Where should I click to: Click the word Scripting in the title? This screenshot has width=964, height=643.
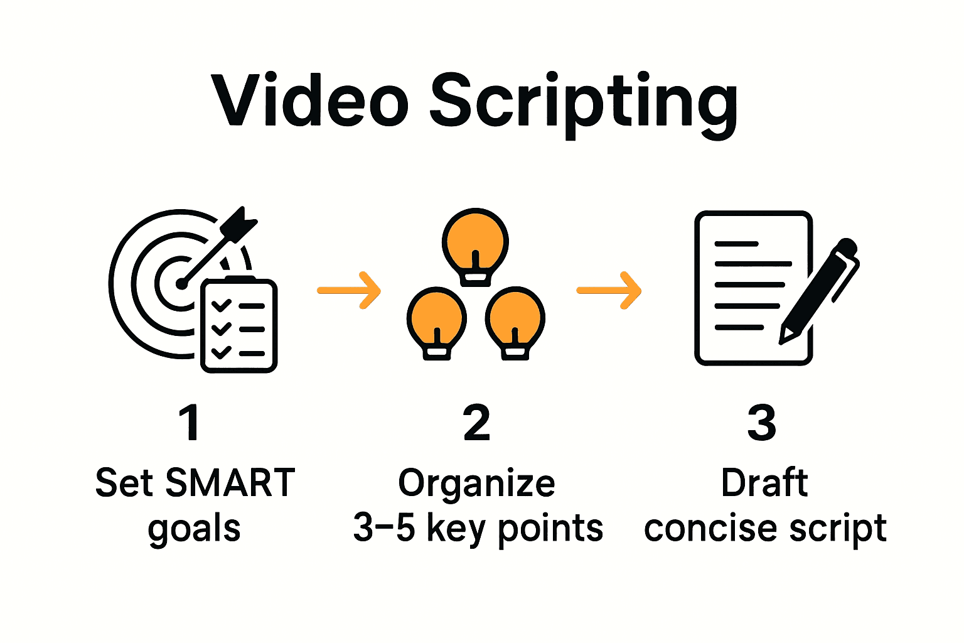[x=584, y=104]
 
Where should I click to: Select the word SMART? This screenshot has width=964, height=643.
[x=230, y=483]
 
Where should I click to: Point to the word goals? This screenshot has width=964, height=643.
[x=195, y=529]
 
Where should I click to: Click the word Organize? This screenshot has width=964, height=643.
[x=477, y=484]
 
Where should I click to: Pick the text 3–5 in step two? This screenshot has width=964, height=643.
[x=384, y=527]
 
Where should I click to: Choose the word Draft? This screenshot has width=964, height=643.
[x=764, y=483]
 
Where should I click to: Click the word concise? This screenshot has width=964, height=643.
[x=711, y=528]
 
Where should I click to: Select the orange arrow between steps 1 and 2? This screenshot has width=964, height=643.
[x=350, y=290]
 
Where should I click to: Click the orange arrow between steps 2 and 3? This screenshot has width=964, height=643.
[x=609, y=290]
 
